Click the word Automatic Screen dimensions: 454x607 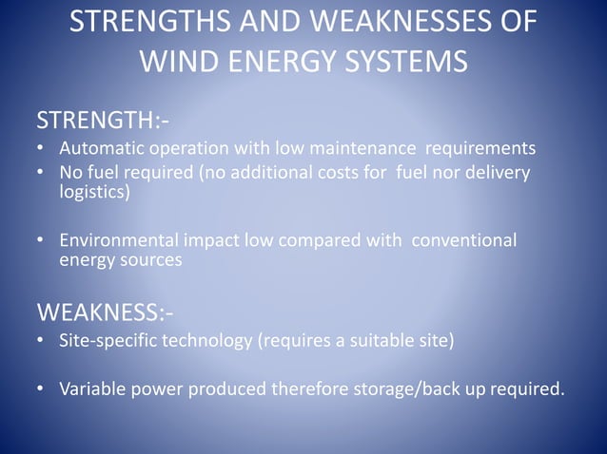click(99, 149)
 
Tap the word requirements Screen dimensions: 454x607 click(480, 149)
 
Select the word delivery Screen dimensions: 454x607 click(498, 173)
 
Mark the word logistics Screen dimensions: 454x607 click(92, 192)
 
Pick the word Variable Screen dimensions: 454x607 click(92, 388)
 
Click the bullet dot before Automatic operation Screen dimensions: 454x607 click(41, 150)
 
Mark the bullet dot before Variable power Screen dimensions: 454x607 click(41, 388)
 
